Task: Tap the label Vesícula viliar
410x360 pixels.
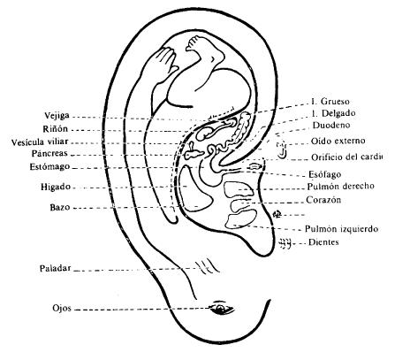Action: tap(36, 141)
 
